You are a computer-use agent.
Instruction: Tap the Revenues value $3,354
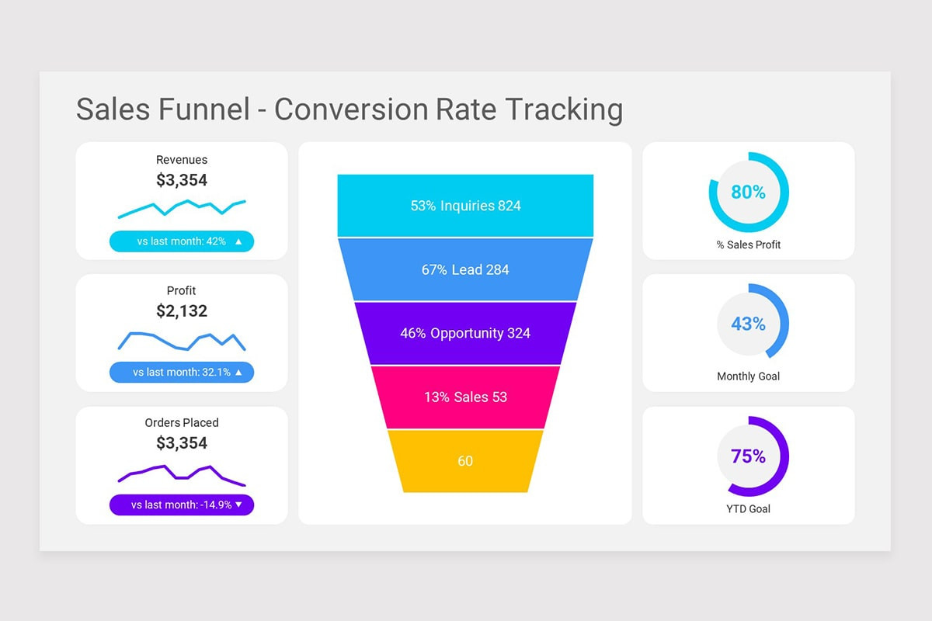click(182, 180)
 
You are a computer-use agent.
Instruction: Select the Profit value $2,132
click(182, 311)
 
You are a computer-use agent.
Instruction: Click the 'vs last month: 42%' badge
click(182, 241)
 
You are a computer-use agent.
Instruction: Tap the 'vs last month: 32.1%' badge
click(182, 373)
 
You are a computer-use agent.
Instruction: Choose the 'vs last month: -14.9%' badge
click(182, 505)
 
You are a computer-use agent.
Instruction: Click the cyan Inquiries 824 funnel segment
click(465, 206)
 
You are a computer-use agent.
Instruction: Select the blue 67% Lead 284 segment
click(465, 269)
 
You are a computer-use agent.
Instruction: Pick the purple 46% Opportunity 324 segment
click(465, 333)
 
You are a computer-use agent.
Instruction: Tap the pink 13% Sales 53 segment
click(465, 397)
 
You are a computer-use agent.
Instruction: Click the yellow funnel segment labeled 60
click(465, 461)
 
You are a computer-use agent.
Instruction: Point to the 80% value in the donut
click(748, 192)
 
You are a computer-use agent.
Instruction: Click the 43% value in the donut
click(748, 324)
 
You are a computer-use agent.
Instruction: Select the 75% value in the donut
click(748, 456)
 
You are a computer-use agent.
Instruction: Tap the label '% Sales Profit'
click(748, 245)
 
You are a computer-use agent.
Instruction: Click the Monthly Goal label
click(748, 376)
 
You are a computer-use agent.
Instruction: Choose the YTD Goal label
click(748, 509)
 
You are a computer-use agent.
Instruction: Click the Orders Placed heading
click(182, 423)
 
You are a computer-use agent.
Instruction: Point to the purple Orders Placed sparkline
click(182, 473)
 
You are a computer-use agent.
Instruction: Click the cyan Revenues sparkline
click(182, 207)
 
